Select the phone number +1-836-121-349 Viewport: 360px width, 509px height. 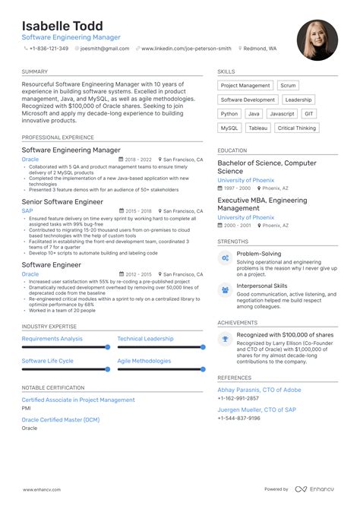pos(49,48)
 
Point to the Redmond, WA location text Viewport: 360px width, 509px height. pos(260,48)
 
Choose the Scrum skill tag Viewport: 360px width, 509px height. pos(288,86)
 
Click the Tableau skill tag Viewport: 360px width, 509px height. pos(257,128)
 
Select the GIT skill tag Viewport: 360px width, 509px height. pos(308,114)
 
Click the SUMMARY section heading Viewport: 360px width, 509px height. pos(35,71)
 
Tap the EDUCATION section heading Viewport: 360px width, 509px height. pos(232,150)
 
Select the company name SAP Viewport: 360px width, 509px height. pos(27,210)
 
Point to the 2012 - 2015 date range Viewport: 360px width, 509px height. pos(138,273)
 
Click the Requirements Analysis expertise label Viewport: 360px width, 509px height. pos(52,338)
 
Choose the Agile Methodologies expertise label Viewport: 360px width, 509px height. pos(144,361)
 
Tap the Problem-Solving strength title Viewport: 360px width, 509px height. pos(258,253)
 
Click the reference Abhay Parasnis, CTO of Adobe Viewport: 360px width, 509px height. pos(259,390)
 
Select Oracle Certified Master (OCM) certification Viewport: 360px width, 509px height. pos(60,420)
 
